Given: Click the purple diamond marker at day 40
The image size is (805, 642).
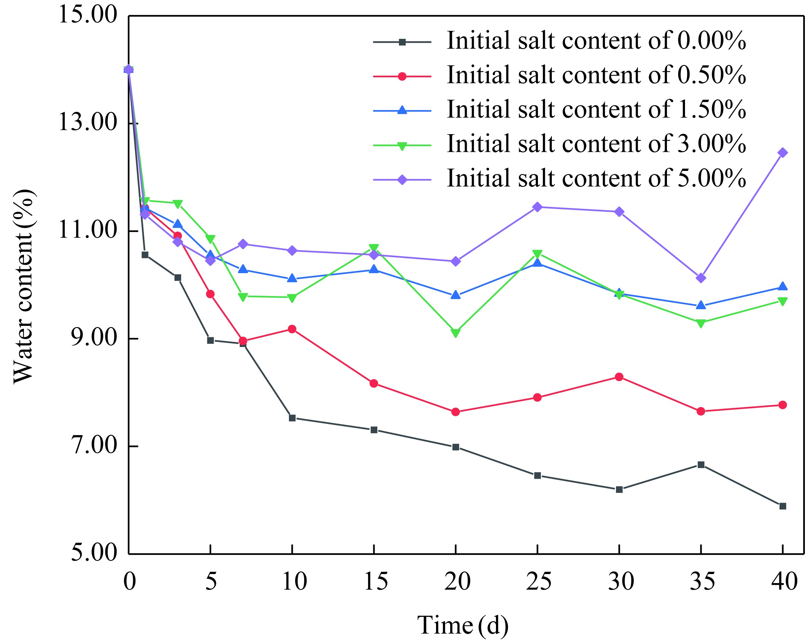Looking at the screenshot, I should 782,153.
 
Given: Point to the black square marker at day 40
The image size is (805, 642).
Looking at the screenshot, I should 782,506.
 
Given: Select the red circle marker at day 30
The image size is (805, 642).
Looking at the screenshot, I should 619,377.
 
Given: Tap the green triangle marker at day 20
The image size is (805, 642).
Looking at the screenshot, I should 455,332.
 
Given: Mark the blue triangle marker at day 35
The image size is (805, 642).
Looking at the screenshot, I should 701,305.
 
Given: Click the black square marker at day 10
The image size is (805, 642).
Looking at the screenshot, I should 292,418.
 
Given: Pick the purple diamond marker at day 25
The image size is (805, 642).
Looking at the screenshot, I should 537,207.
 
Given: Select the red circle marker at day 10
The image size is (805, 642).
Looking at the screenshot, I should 292,329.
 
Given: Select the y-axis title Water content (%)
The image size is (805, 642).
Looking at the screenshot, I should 24,287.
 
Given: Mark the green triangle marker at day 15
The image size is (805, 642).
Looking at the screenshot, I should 374,249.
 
